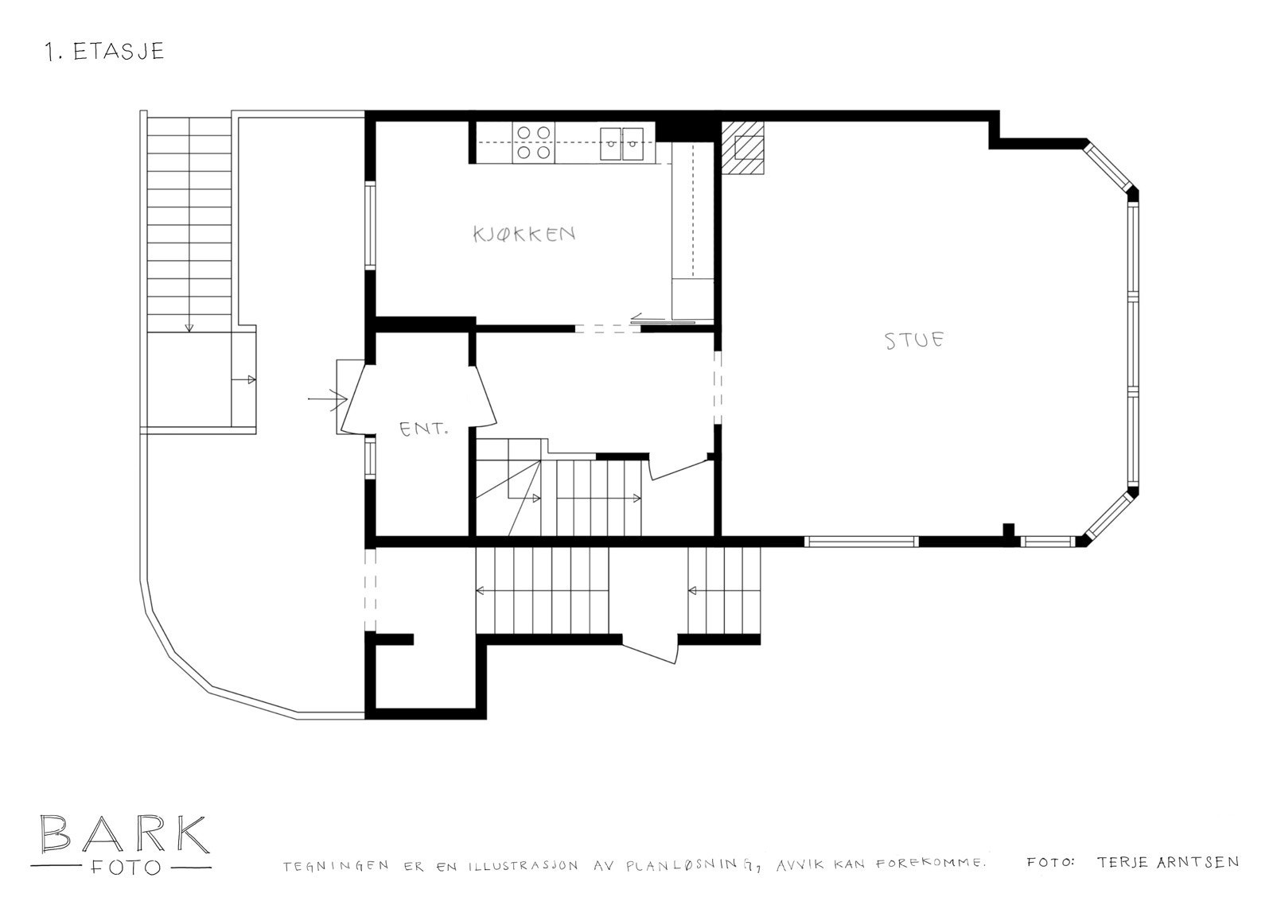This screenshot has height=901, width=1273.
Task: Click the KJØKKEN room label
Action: (524, 234)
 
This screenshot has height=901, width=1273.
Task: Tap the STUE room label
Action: (915, 340)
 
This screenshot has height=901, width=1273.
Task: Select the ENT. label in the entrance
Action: (423, 429)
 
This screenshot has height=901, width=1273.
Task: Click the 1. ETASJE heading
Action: (105, 52)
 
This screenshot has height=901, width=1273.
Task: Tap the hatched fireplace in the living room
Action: (743, 149)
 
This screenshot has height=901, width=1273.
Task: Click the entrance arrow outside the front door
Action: (328, 397)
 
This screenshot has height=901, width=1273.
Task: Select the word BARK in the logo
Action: (123, 834)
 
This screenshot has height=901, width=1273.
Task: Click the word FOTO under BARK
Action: (123, 867)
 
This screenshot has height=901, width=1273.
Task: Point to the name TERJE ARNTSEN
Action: (1167, 862)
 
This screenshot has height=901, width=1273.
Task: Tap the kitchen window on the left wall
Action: (370, 226)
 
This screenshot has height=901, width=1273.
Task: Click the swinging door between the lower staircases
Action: (651, 649)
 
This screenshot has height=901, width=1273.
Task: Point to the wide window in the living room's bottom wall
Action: (861, 542)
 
